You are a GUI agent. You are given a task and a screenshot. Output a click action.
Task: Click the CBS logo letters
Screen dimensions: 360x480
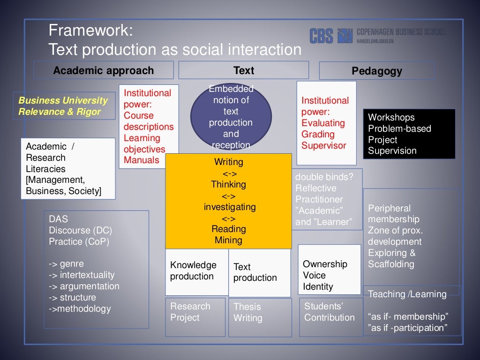pos(321,36)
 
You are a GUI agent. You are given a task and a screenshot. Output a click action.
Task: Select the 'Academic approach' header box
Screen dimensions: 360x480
pos(104,70)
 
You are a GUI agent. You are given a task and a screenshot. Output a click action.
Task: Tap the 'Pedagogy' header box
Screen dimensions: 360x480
pos(377,71)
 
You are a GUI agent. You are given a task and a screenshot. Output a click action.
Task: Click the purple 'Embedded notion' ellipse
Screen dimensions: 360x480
pos(231,117)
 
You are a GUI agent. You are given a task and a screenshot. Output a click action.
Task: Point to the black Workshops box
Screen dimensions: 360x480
pos(409,134)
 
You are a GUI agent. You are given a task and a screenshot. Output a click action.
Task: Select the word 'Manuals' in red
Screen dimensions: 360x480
pos(142,160)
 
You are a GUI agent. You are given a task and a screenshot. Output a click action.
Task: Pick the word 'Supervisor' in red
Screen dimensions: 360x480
pos(324,145)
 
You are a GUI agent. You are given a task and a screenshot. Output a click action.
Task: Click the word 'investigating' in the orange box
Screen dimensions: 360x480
pos(230,207)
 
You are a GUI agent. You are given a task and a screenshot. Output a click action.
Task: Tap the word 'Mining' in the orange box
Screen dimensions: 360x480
pos(229,240)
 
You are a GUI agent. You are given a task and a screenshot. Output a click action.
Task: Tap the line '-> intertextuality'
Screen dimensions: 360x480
pos(82,275)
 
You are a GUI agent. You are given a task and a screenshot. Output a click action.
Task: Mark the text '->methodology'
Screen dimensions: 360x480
pos(80,309)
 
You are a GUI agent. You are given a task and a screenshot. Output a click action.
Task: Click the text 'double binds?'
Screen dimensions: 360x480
pos(324,177)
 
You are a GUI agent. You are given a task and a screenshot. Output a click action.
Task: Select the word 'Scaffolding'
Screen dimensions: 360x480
pos(391,264)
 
